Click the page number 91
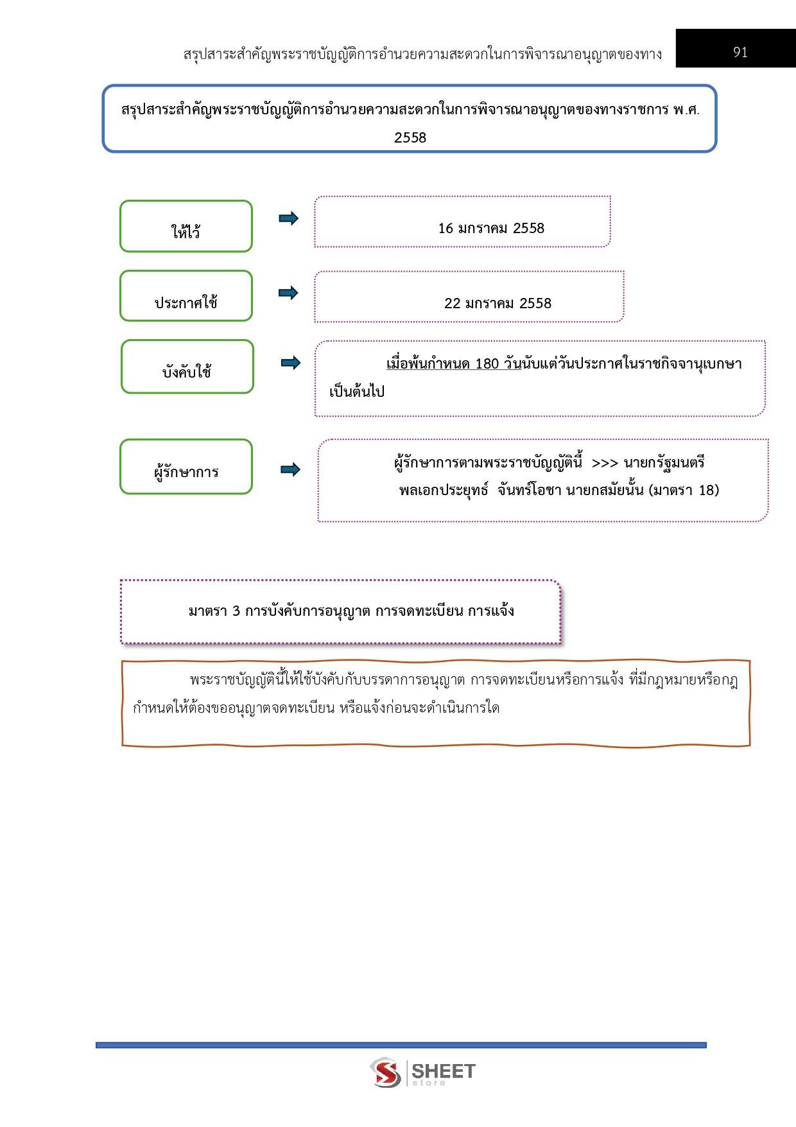tap(740, 52)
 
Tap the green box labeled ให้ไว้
tap(186, 226)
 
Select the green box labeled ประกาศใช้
tap(186, 296)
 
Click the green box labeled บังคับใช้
tap(187, 367)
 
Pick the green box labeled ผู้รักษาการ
tap(186, 467)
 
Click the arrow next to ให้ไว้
tap(289, 218)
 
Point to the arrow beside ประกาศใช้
tap(289, 293)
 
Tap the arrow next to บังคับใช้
tap(291, 363)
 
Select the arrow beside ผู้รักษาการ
tap(291, 469)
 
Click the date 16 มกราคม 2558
tap(491, 229)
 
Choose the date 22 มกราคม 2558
tap(497, 303)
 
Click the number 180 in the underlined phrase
tap(487, 364)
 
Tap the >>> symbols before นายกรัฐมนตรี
tap(605, 463)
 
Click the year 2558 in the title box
tap(410, 137)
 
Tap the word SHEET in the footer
tap(444, 1070)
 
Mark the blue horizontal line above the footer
tap(401, 1045)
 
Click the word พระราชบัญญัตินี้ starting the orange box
tap(242, 679)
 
